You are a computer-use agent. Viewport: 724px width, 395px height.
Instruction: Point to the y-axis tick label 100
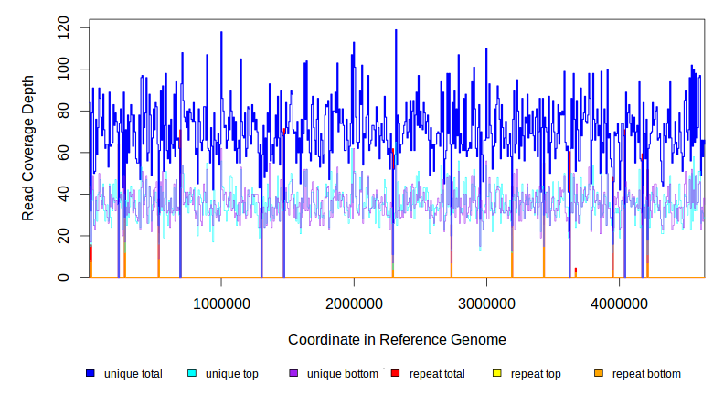[63, 69]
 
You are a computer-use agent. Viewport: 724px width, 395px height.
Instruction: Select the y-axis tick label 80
[63, 111]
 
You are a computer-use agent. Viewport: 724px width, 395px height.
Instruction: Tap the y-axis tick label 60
[63, 153]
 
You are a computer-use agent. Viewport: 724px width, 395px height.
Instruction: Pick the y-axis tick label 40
[63, 194]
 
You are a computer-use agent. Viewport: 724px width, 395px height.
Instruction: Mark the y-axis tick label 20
[63, 236]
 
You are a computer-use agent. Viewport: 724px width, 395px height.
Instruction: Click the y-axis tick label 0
[63, 277]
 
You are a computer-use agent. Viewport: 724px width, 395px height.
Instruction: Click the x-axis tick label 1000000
[221, 304]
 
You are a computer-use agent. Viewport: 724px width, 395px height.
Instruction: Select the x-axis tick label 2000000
[354, 304]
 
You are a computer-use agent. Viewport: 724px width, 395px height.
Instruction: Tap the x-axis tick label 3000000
[486, 304]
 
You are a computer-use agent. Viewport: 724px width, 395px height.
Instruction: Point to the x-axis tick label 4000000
[619, 304]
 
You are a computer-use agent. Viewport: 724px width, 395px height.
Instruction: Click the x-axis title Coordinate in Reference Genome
[397, 339]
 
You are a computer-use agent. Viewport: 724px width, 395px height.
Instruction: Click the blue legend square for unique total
[90, 374]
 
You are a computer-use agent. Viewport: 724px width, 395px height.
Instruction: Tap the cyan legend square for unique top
[192, 374]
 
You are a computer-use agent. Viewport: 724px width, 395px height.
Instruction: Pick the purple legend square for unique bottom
[293, 374]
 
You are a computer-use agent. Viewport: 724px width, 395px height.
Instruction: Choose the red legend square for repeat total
[395, 374]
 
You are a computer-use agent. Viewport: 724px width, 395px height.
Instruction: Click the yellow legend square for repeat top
[497, 374]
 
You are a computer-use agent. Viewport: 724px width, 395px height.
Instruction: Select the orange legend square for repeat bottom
[599, 374]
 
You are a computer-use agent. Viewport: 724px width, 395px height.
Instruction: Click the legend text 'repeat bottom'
[646, 374]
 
